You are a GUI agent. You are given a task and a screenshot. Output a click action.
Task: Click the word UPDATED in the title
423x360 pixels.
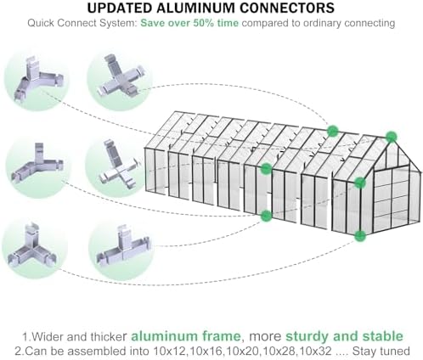[x=120, y=8]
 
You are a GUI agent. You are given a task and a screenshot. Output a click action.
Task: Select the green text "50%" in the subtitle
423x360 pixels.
[x=203, y=23]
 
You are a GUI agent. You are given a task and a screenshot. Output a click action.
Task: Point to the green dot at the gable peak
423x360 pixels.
[x=392, y=137]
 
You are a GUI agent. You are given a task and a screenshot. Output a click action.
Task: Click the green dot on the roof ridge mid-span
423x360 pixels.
[x=333, y=131]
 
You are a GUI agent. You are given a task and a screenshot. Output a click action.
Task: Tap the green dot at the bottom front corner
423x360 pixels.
[x=360, y=236]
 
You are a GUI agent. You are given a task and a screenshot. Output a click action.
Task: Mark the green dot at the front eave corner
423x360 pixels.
[x=360, y=183]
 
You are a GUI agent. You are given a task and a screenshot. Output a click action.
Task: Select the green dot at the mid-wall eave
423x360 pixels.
[x=266, y=169]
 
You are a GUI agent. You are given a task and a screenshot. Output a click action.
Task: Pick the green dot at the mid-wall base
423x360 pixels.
[x=266, y=216]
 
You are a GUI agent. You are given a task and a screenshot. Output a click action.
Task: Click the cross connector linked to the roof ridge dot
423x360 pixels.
[x=121, y=76]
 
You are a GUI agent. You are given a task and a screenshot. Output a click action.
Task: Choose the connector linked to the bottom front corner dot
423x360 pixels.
[x=31, y=247]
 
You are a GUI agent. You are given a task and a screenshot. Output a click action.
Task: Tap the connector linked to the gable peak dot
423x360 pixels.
[x=37, y=79]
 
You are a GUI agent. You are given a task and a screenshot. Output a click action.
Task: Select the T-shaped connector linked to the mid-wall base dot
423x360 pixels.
[x=123, y=246]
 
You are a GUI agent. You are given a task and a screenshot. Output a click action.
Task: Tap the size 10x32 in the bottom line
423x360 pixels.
[x=315, y=352]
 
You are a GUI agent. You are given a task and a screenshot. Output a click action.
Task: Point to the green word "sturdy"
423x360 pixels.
[x=307, y=336]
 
